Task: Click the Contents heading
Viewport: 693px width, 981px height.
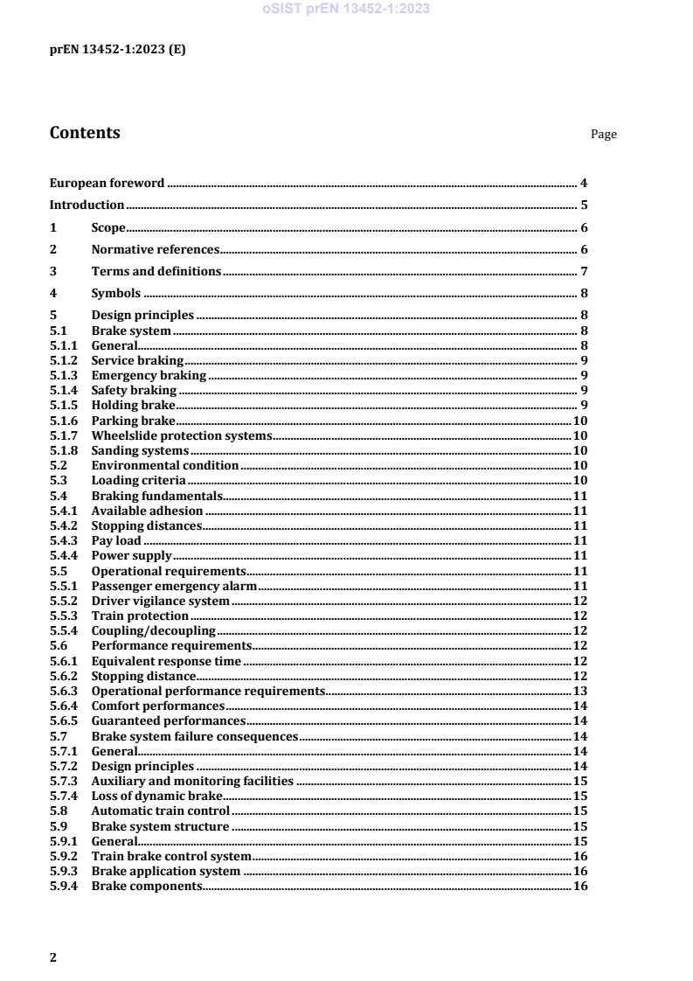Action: coord(85,133)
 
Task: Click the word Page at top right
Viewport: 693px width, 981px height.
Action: coord(603,134)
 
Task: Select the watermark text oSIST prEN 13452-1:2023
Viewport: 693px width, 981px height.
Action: coord(346,10)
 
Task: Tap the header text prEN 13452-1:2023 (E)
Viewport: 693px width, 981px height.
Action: coord(117,50)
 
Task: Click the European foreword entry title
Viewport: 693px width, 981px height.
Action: coord(107,183)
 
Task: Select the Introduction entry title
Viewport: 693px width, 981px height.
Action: coord(87,205)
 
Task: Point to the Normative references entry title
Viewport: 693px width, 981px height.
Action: coord(155,249)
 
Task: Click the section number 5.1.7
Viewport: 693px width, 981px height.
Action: coord(63,435)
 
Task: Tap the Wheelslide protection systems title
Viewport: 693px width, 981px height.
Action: coord(182,435)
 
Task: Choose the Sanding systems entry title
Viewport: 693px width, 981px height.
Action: coord(140,450)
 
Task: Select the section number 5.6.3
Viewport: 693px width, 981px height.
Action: coord(63,691)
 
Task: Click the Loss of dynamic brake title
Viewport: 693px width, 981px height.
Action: coord(156,796)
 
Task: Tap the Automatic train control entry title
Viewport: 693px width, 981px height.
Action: coord(160,811)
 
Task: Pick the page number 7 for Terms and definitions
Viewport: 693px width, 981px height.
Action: coord(583,271)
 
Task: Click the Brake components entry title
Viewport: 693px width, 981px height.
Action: coord(147,886)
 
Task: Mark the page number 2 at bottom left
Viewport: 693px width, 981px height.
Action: coord(53,957)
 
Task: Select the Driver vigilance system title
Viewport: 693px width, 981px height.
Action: coord(160,601)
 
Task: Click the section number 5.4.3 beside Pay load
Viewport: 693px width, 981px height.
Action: coord(63,540)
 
